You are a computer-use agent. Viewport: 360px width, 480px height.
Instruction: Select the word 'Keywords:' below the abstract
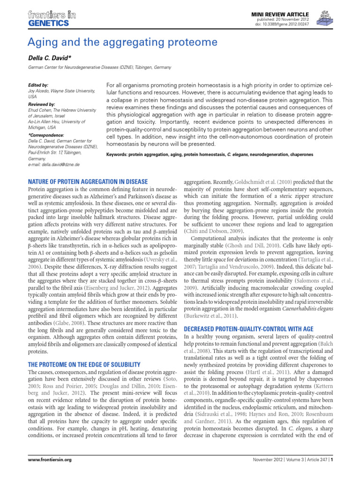(119, 154)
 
